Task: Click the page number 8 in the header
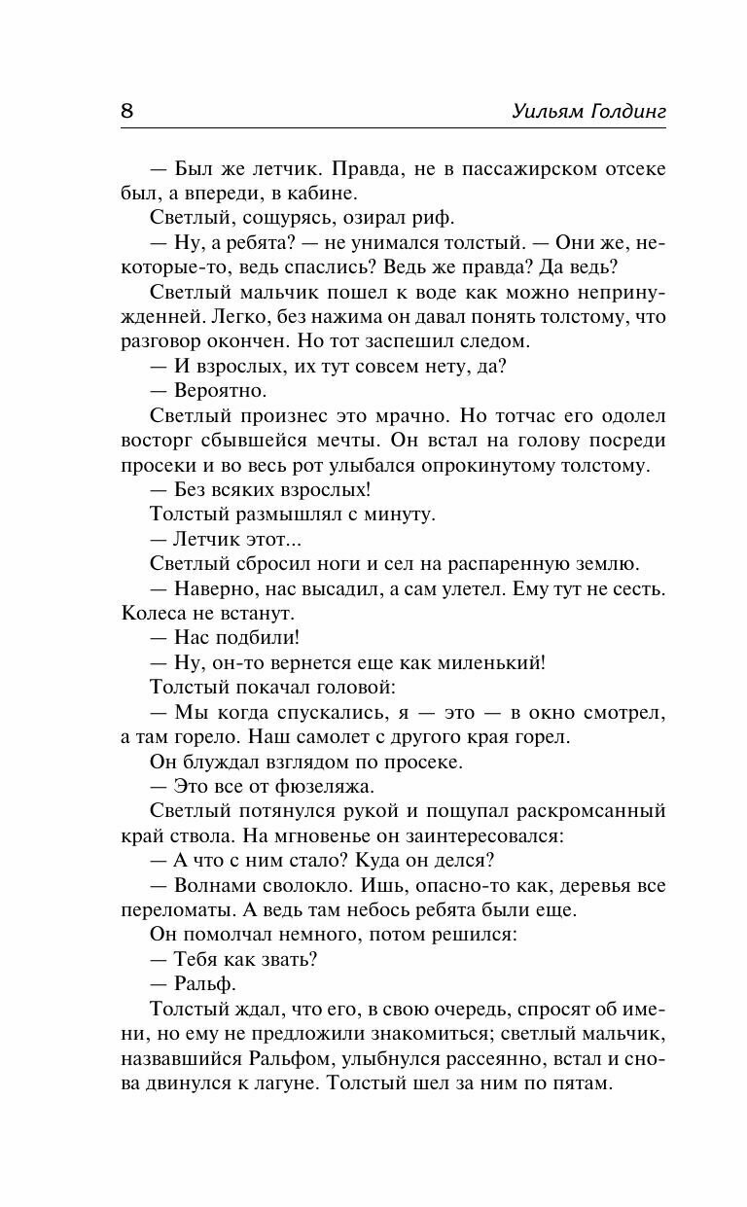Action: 126,110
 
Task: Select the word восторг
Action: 158,441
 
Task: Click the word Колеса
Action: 155,615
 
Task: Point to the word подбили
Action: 256,639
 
